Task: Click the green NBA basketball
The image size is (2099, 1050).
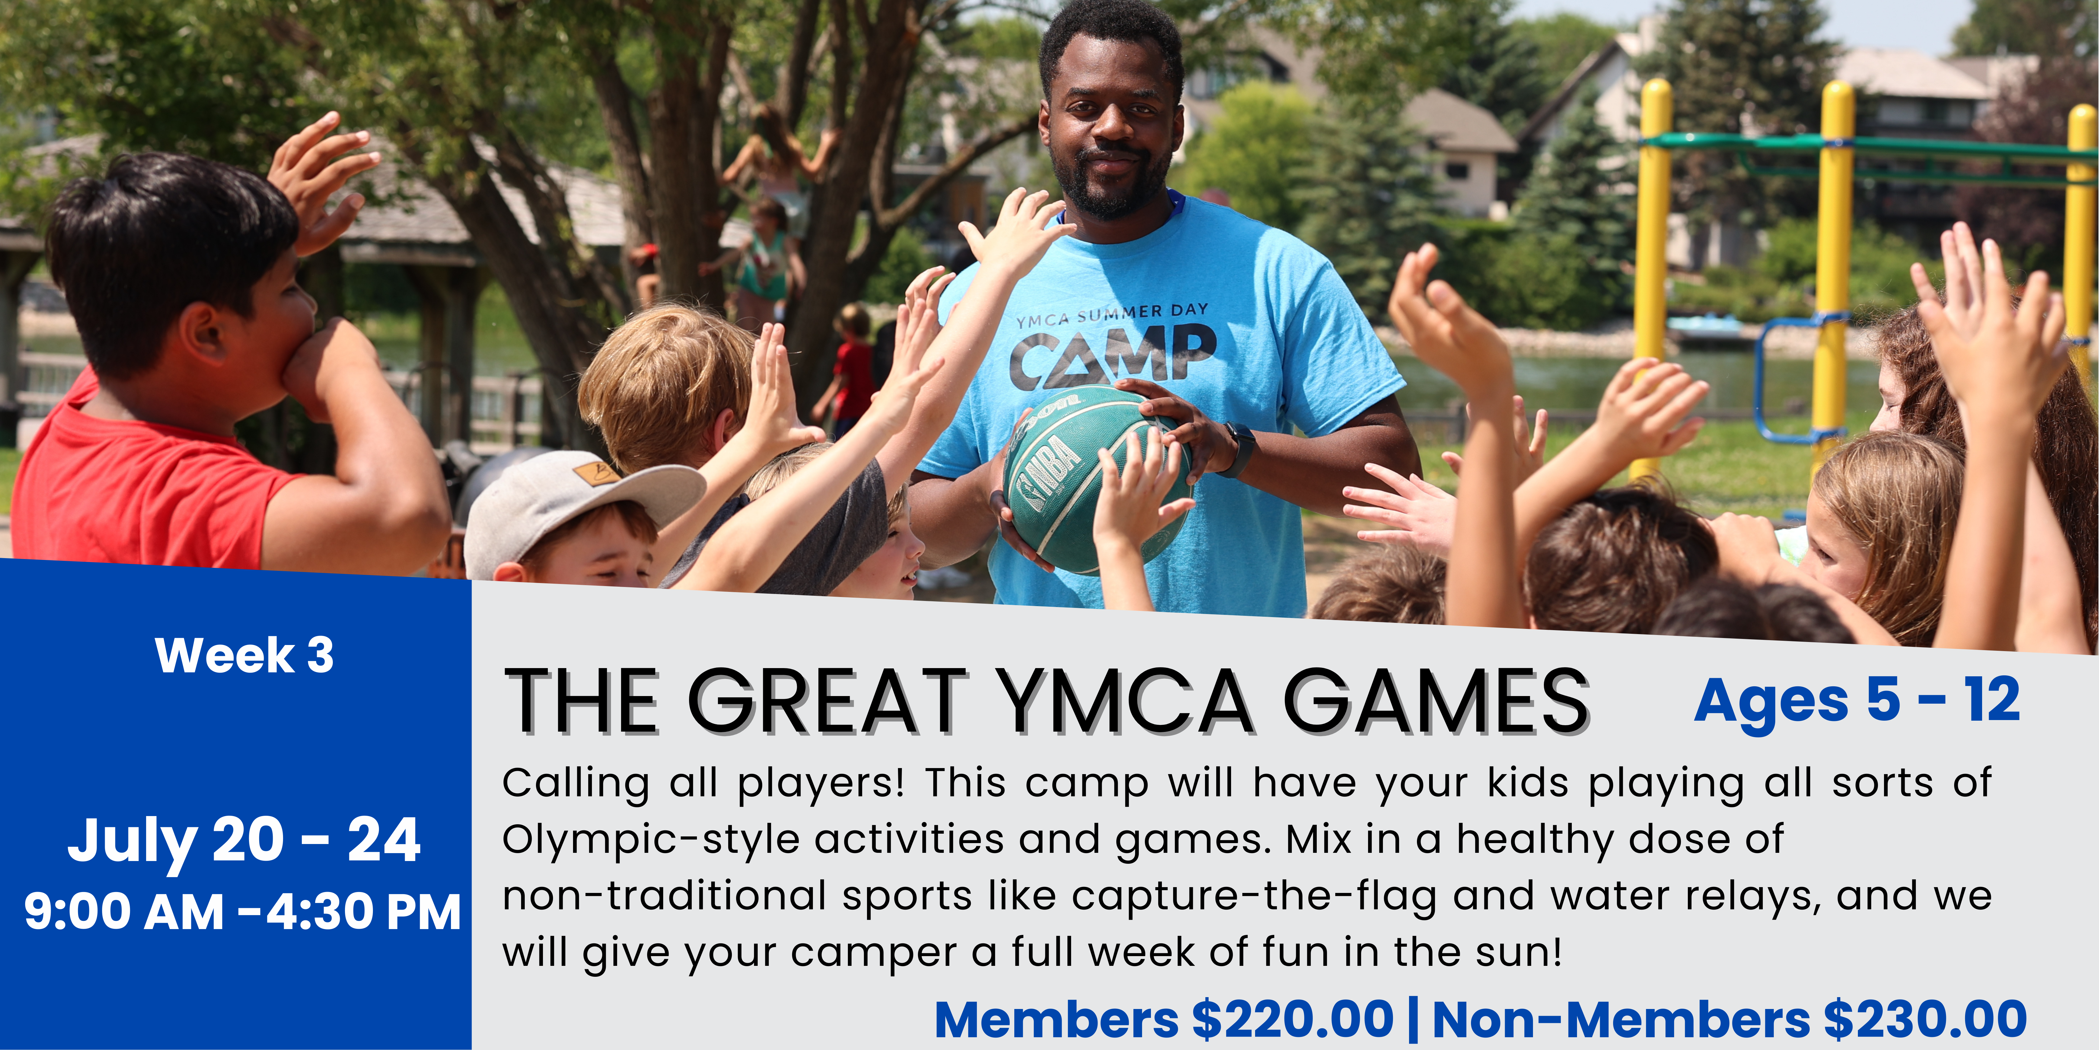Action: [x=1096, y=481]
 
